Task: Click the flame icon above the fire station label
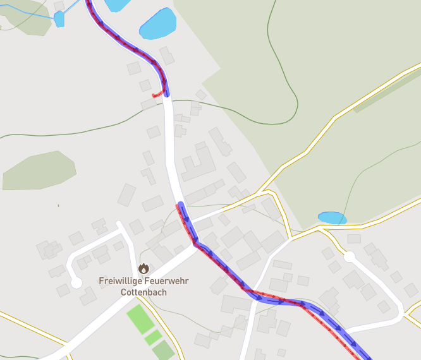coord(143,268)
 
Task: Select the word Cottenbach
coord(143,292)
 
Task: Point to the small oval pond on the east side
coord(332,218)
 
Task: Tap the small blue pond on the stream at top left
coord(59,19)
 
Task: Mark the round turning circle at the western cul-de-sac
coord(76,282)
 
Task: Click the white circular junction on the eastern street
coord(348,257)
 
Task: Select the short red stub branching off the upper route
coord(157,95)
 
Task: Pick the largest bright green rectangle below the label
coord(140,319)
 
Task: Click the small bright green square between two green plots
coord(153,337)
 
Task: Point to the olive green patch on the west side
coord(39,171)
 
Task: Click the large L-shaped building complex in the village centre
coord(198,163)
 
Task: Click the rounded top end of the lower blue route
coord(181,205)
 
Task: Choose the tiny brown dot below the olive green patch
coord(58,205)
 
